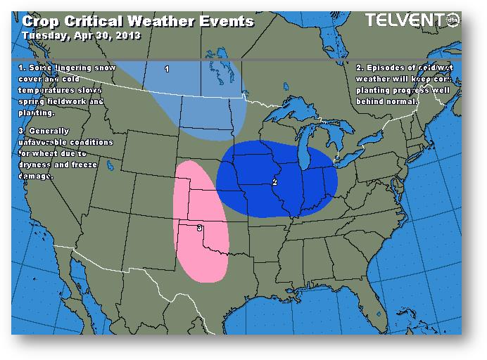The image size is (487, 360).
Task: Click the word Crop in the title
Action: click(37, 21)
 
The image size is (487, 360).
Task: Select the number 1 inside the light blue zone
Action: click(167, 69)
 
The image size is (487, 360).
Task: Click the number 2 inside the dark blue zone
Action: click(274, 182)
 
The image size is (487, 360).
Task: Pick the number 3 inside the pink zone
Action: click(200, 229)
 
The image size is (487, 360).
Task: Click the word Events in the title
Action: click(224, 21)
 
